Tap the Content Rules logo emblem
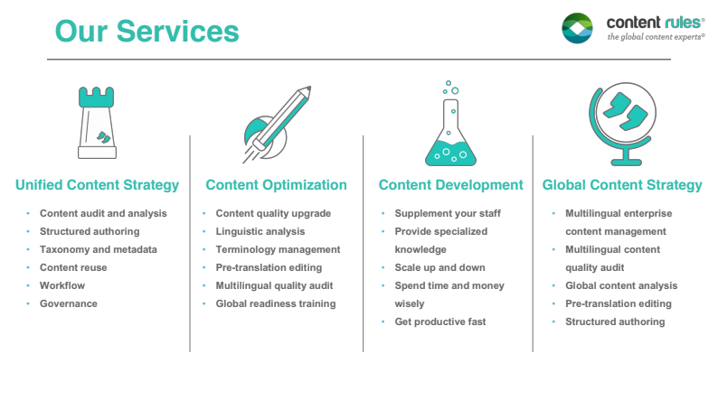pos(578,28)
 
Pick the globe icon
pos(621,121)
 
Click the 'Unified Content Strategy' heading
pos(97,185)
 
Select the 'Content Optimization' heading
pos(276,185)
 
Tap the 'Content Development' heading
pos(450,185)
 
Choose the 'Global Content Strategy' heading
pos(622,185)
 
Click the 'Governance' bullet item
pos(68,303)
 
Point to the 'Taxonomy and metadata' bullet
pos(98,249)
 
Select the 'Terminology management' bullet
pos(278,249)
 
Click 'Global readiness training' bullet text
pos(275,303)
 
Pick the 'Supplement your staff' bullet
pos(448,213)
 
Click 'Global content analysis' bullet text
pos(621,285)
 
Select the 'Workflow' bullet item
pos(63,285)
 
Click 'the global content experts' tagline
pos(656,37)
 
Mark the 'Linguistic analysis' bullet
pos(260,231)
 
